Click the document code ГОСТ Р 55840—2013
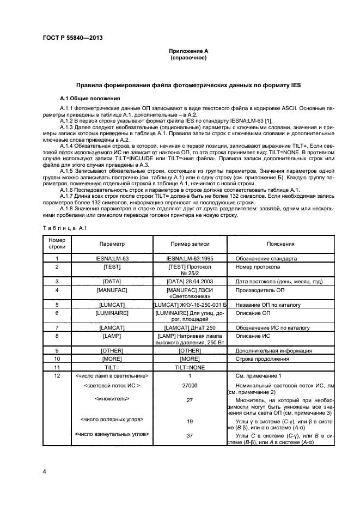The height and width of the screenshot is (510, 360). click(x=72, y=37)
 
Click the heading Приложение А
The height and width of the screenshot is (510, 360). click(x=188, y=51)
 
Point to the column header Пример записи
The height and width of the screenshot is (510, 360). click(x=190, y=244)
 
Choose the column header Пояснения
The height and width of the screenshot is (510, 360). click(x=280, y=244)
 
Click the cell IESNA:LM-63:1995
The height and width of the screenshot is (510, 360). click(x=190, y=259)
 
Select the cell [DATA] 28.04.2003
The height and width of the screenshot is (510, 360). click(x=190, y=281)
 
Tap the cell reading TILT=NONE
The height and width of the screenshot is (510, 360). click(x=190, y=368)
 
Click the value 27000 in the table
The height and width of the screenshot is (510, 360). click(x=190, y=385)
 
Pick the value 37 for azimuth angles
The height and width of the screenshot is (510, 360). click(x=190, y=435)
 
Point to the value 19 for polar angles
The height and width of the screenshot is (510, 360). click(x=190, y=421)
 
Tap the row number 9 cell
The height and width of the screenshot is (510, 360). click(x=57, y=350)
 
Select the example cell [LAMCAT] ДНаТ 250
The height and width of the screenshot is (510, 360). click(x=190, y=327)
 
